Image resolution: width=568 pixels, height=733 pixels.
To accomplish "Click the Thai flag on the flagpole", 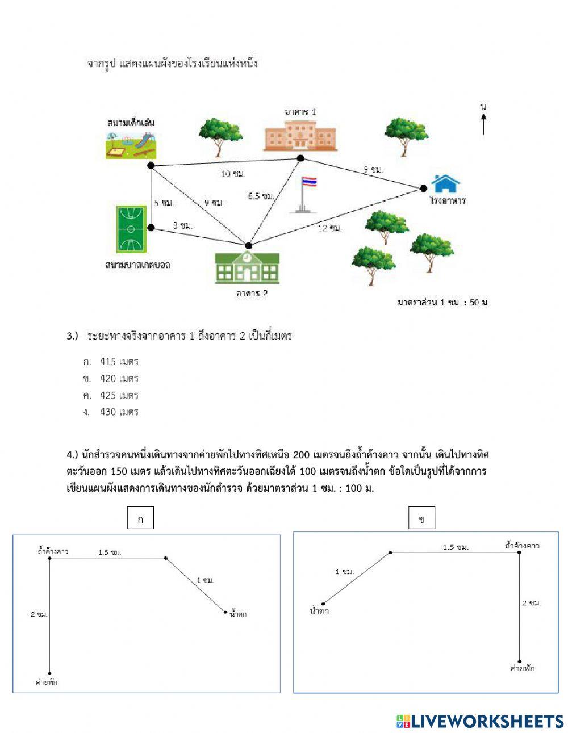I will coord(309,182).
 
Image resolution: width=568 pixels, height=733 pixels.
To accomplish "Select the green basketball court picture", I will coord(131,229).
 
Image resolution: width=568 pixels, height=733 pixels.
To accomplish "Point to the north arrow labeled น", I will coord(483,119).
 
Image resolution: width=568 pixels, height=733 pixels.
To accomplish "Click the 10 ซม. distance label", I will coord(233,174).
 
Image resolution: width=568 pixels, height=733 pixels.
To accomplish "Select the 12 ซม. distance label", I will coord(330,228).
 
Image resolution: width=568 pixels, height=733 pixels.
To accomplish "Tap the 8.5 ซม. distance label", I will coord(261,196).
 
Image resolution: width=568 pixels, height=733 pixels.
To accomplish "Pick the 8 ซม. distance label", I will coord(183,225).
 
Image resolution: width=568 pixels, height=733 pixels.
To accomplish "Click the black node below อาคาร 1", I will coord(300,158).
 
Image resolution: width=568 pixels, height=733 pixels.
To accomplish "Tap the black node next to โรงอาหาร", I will coord(423,188).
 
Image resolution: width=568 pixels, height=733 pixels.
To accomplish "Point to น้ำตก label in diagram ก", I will coord(238,614).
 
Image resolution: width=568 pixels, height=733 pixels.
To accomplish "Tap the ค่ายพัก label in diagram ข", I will coord(522,668).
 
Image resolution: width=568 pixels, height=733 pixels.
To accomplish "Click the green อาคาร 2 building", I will coord(247,268).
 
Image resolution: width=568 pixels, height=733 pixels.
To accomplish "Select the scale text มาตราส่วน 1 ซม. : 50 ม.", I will coord(443,303).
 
